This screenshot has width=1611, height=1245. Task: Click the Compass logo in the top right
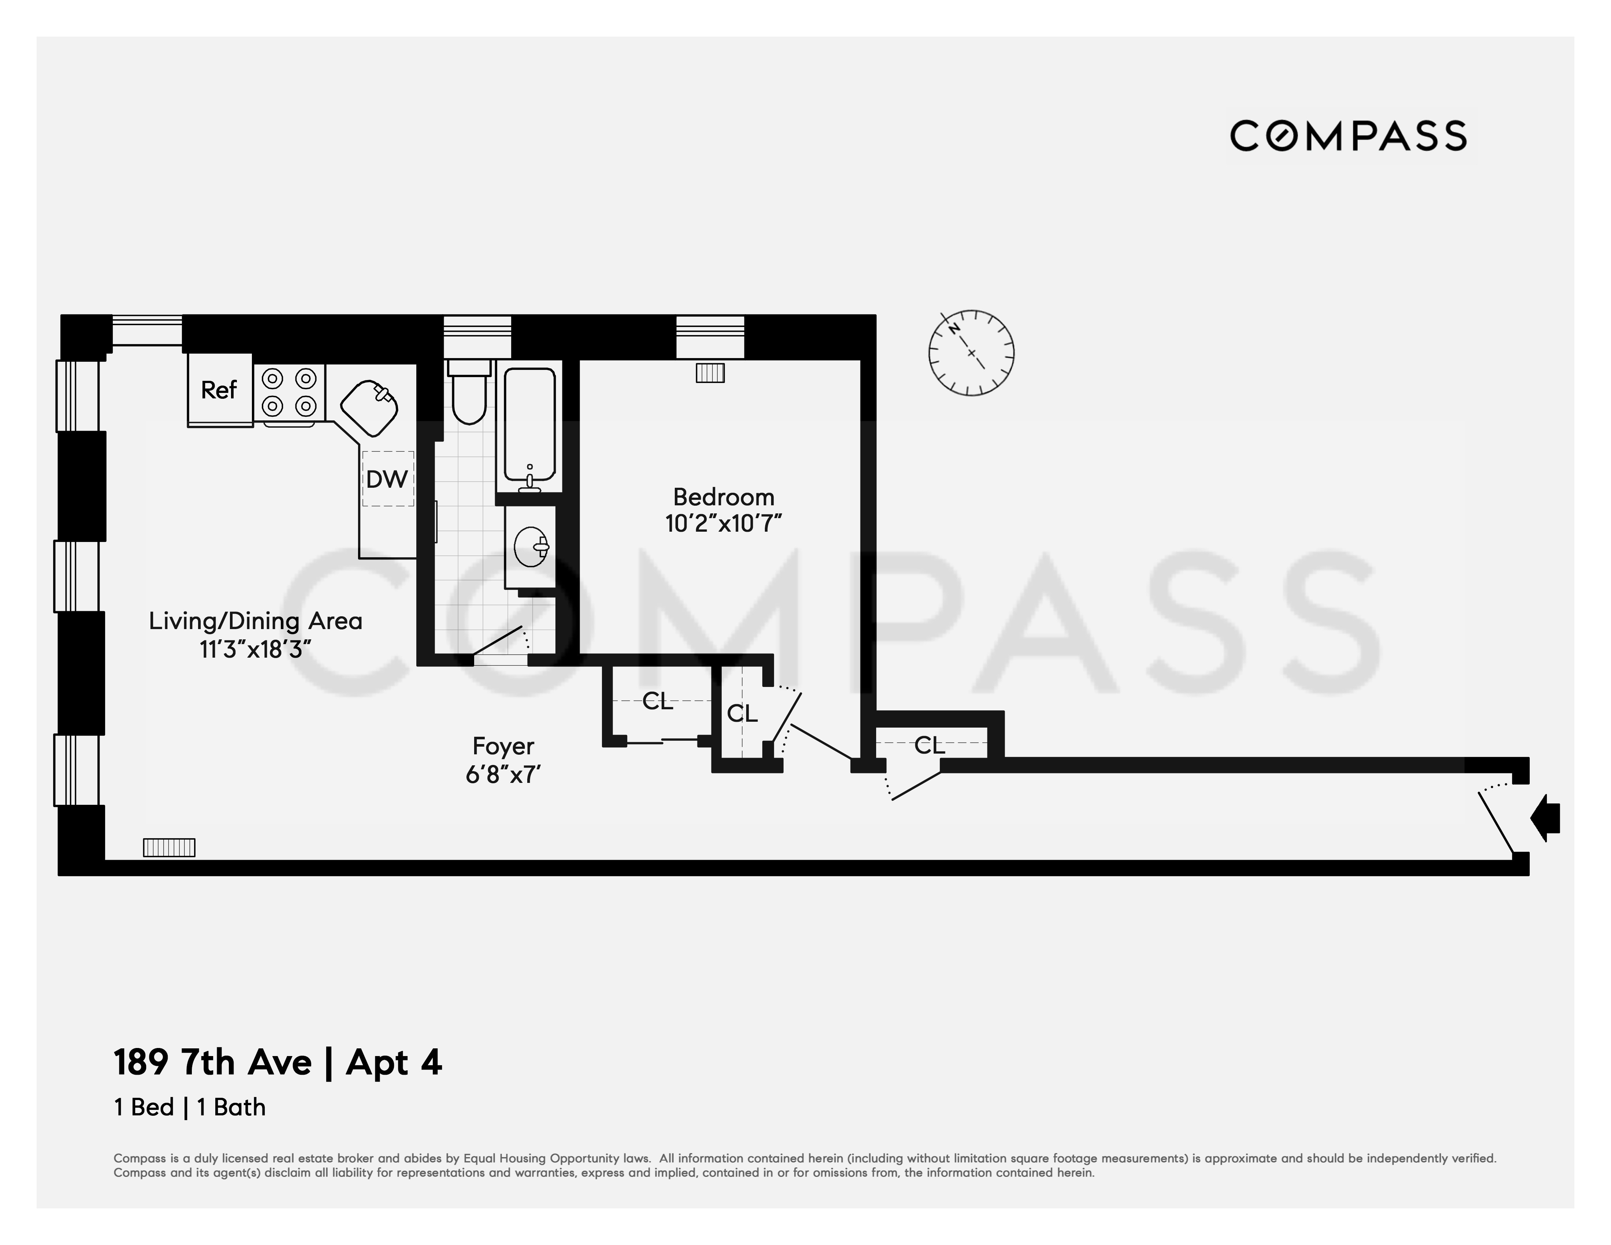(1348, 137)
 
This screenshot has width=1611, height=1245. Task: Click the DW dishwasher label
(387, 479)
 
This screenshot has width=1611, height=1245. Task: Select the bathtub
(529, 426)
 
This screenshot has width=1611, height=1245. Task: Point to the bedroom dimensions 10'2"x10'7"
(723, 524)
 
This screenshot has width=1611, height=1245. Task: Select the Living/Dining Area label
(255, 621)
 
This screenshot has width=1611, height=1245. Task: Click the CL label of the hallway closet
(929, 746)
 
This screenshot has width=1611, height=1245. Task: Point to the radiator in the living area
(169, 847)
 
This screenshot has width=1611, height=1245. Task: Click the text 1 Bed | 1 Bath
(190, 1107)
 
